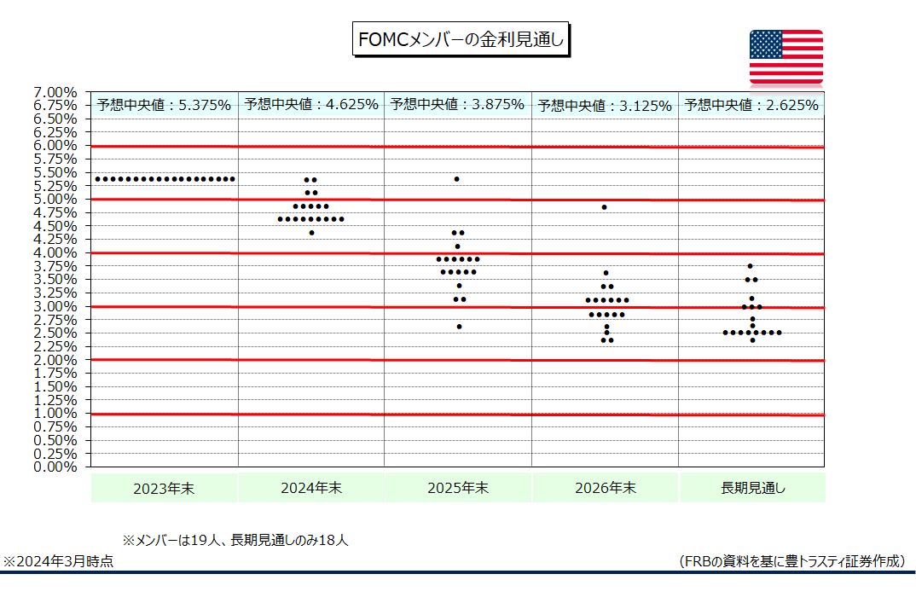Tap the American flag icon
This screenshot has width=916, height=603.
point(786,57)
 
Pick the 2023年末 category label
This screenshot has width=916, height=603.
point(164,489)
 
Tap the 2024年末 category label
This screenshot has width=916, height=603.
point(310,489)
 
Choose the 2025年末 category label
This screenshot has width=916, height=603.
point(458,489)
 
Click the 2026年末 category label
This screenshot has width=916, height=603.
point(605,489)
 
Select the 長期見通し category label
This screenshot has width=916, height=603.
point(752,489)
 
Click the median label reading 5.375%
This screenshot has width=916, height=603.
point(164,105)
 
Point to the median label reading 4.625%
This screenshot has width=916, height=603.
point(310,105)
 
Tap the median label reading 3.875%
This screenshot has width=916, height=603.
point(457,105)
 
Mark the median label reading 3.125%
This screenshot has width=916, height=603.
point(605,106)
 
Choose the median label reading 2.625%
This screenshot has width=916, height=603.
point(751,106)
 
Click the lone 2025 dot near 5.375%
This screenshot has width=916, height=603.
point(457,179)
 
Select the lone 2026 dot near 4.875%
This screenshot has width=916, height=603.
point(604,207)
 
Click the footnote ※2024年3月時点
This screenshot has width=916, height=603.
point(59,561)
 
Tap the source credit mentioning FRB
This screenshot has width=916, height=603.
point(791,561)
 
